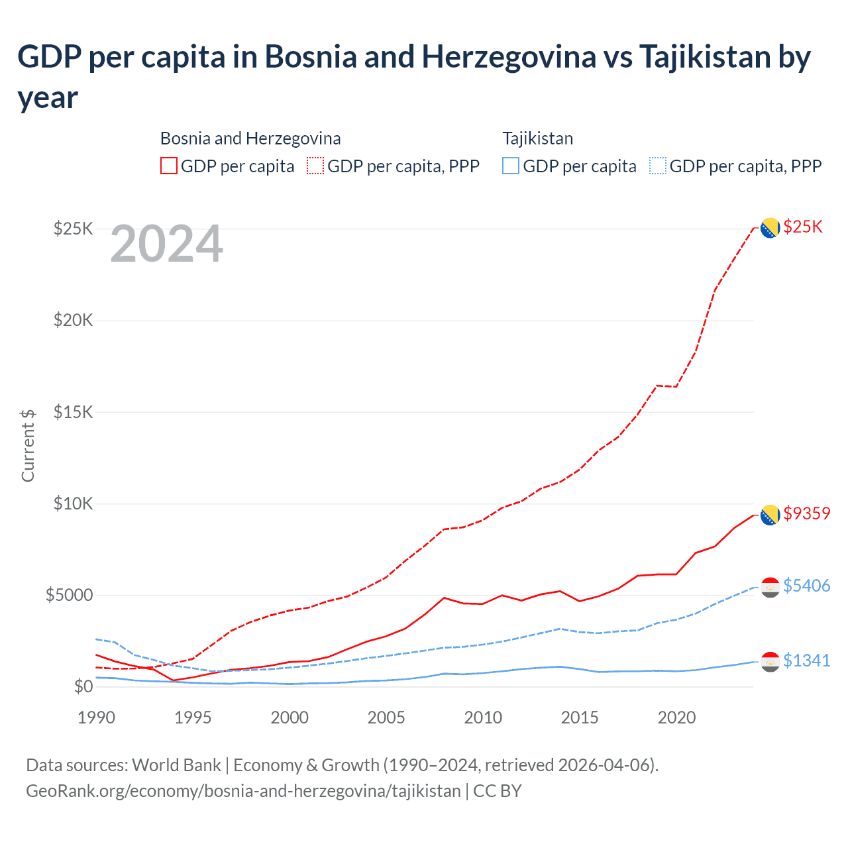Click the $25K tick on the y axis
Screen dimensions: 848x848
(74, 229)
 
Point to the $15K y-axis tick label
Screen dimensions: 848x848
(74, 412)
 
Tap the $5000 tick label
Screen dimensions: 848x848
(69, 595)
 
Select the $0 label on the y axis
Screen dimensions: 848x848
(83, 686)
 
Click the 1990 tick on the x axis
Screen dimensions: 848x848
(96, 717)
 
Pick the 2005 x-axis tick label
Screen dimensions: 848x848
(386, 717)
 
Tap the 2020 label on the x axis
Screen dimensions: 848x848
(676, 717)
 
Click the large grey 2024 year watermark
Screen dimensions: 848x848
(166, 244)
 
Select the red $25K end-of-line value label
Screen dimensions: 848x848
(803, 227)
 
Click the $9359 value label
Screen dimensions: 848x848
(806, 513)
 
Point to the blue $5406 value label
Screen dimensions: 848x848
(806, 586)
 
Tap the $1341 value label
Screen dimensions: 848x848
(806, 661)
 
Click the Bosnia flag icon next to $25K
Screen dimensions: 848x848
(770, 228)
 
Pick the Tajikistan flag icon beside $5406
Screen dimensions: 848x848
(770, 587)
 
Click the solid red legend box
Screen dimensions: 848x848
(169, 166)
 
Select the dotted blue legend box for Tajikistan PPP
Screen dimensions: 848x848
(658, 166)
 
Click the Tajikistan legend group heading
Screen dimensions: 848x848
(537, 138)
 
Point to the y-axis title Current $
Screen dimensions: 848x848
(28, 445)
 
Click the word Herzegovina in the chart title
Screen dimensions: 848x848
(509, 57)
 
